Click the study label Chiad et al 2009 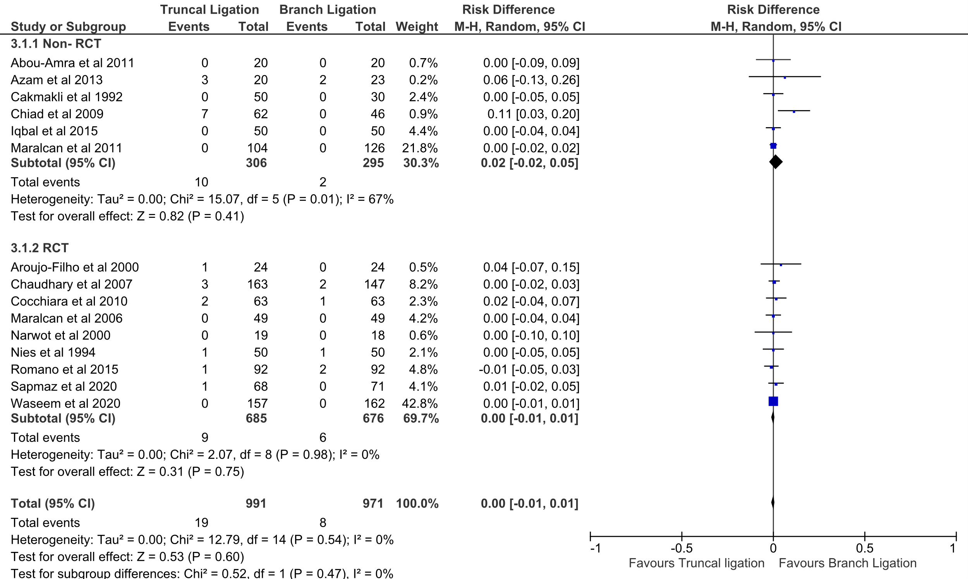pos(57,114)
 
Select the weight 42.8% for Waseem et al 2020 pos(420,403)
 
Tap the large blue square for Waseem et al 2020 pos(773,401)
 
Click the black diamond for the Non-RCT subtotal pos(776,162)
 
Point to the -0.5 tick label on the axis pos(681,548)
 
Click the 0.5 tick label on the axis pos(864,548)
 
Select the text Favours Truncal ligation pos(697,563)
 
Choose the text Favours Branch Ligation pos(847,563)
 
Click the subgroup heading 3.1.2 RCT pos(39,248)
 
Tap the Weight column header pos(417,26)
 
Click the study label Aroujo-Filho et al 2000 pos(74,267)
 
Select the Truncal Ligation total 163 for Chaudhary pos(257,284)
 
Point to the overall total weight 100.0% pos(417,503)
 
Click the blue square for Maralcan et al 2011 pos(773,146)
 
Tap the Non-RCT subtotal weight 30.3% pos(421,163)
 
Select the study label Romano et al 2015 pos(64,369)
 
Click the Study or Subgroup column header pos(68,26)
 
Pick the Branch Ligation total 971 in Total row pos(373,503)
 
